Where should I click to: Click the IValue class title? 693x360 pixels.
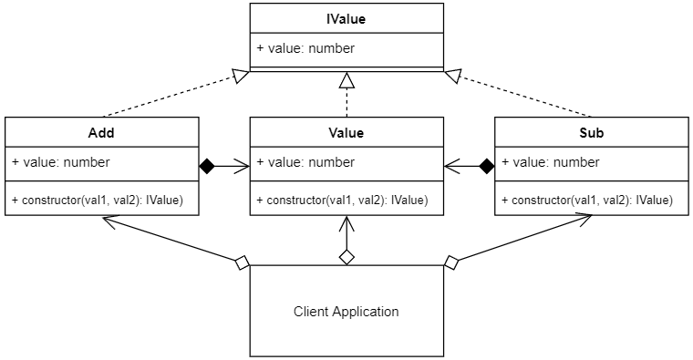[346, 17]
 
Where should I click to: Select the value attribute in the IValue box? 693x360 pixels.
[305, 48]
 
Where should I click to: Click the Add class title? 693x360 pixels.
[101, 132]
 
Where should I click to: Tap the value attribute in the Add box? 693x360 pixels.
[61, 162]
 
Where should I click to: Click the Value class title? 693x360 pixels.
[346, 132]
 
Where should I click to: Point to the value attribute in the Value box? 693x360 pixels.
[305, 162]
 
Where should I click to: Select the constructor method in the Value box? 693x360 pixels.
[343, 200]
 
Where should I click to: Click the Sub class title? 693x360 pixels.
[592, 132]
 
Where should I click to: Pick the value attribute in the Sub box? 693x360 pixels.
[551, 162]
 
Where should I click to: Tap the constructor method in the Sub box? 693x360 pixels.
[588, 200]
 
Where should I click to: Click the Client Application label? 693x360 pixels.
[346, 312]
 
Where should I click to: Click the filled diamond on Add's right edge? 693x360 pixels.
[207, 166]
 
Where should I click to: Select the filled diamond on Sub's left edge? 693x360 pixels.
[486, 166]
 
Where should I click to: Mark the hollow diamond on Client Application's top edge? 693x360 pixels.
[346, 257]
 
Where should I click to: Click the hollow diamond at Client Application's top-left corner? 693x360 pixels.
[242, 263]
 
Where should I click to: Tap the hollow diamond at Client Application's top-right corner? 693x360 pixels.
[450, 263]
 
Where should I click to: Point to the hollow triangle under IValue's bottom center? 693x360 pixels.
[346, 82]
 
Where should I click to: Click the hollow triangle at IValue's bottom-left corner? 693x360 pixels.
[241, 77]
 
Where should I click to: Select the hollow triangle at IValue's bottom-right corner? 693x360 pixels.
[451, 77]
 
